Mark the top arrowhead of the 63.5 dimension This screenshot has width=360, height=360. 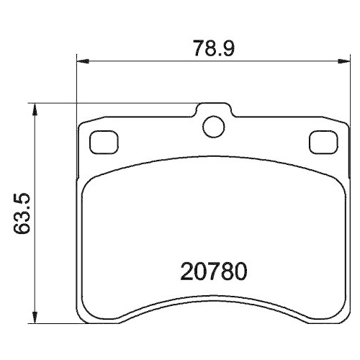click(x=37, y=107)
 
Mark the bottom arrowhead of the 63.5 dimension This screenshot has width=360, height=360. click(x=37, y=318)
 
